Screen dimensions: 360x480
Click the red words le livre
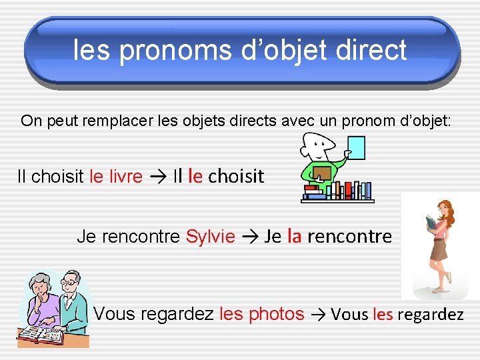pos(115,177)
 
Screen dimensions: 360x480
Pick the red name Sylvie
pos(210,236)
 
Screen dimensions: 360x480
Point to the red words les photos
pos(261,314)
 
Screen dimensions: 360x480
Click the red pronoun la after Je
pos(294,235)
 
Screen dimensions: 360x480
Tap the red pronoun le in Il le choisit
pos(195,176)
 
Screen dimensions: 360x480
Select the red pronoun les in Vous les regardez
pos(383,315)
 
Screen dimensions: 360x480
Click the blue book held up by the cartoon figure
pos(357,148)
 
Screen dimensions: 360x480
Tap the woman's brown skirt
pos(438,250)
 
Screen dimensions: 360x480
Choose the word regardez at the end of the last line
pos(430,315)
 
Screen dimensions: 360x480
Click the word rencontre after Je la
pos(349,236)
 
